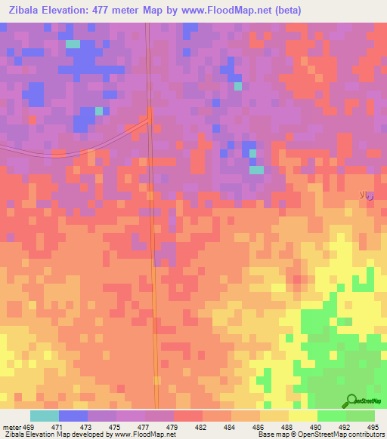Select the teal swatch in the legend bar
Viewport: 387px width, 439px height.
[x=45, y=416]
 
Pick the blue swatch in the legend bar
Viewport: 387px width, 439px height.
[x=73, y=416]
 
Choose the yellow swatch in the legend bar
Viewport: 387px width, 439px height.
[x=303, y=416]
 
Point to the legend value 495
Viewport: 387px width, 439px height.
[x=373, y=428]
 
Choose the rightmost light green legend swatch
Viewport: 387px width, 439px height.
[x=361, y=416]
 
